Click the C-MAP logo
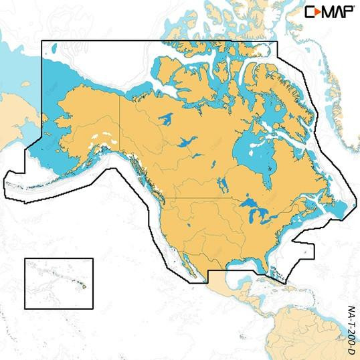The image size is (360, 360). point(331,11)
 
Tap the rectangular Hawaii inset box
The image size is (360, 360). point(58,284)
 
